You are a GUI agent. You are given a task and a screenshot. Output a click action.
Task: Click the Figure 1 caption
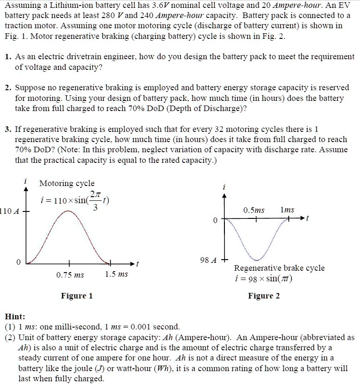click(77, 296)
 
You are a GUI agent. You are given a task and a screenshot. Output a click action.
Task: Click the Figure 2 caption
click(264, 296)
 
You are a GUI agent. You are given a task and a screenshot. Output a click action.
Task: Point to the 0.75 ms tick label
click(70, 275)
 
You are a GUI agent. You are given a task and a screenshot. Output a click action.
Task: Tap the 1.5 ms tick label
click(116, 274)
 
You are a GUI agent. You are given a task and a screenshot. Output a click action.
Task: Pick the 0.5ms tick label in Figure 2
click(254, 210)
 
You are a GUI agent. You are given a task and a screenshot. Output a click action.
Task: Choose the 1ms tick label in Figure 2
click(287, 210)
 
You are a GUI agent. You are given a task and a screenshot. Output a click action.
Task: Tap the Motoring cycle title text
click(67, 183)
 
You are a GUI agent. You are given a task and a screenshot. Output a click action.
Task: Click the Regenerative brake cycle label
click(279, 268)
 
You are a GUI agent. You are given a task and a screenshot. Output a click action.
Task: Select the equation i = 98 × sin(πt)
click(263, 279)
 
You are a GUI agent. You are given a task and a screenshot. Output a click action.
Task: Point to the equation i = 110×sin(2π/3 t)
click(74, 199)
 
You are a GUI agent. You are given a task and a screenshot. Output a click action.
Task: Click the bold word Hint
click(15, 317)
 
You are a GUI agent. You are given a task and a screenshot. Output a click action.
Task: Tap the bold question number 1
click(9, 56)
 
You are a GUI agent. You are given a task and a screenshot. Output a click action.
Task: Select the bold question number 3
click(9, 129)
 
